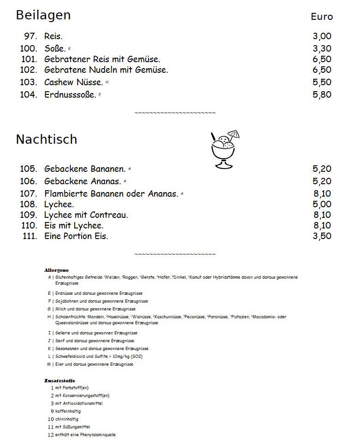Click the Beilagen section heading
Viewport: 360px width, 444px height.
tap(43, 15)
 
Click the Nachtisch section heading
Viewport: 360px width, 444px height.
tap(47, 139)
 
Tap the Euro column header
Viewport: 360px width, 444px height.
tap(321, 17)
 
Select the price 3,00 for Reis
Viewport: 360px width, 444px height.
tap(322, 36)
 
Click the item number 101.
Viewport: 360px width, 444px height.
tap(29, 59)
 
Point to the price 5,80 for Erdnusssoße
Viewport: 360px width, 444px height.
tap(322, 95)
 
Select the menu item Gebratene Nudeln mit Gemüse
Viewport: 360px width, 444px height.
tap(106, 70)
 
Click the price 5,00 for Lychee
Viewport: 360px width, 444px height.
tap(322, 204)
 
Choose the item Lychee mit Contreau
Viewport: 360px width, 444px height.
tap(86, 215)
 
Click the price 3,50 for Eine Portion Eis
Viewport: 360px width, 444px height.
tap(322, 236)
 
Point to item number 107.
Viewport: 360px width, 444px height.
tap(29, 194)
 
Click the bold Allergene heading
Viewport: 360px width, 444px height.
tap(56, 270)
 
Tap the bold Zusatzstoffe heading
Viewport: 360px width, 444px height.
tap(59, 380)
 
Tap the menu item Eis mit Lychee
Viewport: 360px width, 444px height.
tap(74, 226)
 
